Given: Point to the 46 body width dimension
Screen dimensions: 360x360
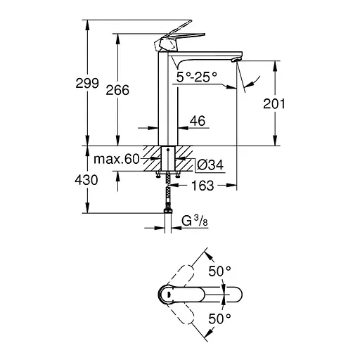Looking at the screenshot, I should [197, 122].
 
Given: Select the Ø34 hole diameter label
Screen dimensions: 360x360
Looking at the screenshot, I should [209, 165].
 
